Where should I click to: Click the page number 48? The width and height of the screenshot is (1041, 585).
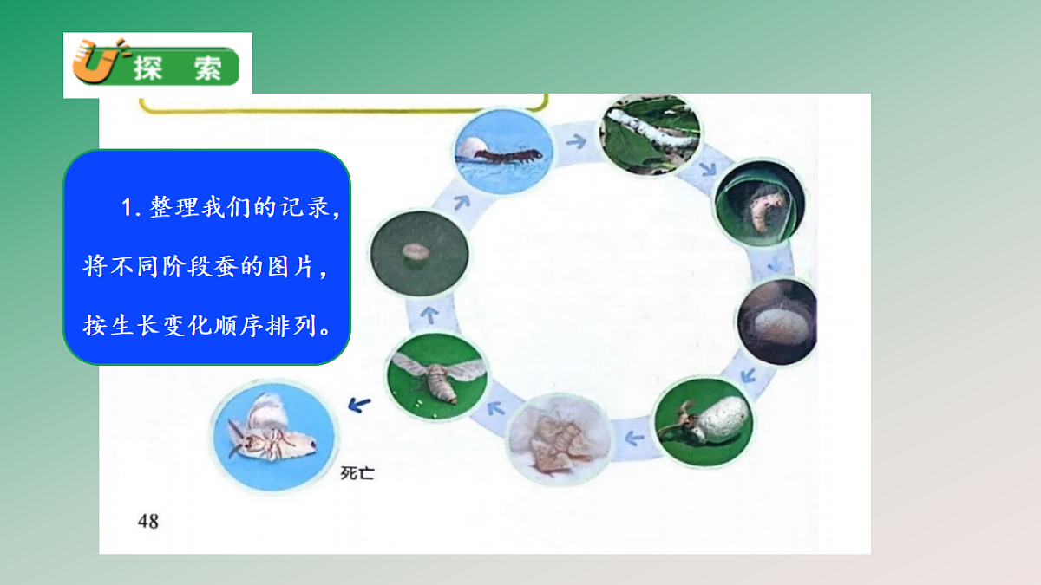[148, 521]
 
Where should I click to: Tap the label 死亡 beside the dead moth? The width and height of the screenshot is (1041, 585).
[357, 473]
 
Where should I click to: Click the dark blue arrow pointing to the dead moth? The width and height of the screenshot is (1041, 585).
[359, 403]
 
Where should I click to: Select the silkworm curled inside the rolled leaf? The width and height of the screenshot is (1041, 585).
[757, 210]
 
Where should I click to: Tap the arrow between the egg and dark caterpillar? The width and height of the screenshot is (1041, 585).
[461, 201]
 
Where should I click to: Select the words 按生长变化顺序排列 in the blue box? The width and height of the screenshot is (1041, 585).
[206, 327]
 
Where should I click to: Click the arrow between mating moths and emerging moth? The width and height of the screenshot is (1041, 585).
[634, 436]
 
